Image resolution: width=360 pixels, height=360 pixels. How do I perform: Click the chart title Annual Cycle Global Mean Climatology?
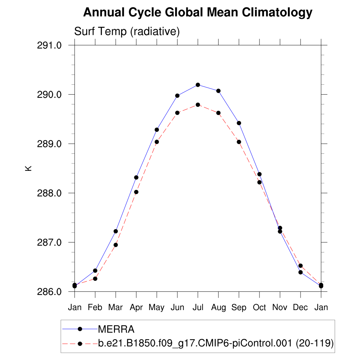click(x=198, y=13)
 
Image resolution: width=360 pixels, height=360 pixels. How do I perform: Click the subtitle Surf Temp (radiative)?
click(x=127, y=32)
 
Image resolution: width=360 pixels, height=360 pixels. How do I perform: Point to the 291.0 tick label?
click(x=49, y=45)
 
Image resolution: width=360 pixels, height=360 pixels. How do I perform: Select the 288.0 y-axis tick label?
click(x=49, y=193)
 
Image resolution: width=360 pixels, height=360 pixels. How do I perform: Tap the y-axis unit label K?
click(x=28, y=168)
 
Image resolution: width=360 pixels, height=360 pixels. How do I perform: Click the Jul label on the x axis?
click(x=198, y=308)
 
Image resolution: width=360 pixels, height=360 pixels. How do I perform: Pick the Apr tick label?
click(x=136, y=308)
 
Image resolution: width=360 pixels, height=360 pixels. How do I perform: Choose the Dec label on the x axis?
click(x=300, y=308)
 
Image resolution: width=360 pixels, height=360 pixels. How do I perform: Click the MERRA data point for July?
click(x=198, y=85)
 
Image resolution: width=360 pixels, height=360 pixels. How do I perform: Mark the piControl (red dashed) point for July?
click(x=198, y=105)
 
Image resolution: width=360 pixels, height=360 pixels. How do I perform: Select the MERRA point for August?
click(x=218, y=91)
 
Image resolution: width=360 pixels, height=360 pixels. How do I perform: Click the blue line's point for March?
click(x=116, y=231)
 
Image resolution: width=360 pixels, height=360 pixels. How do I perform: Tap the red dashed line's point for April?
click(x=136, y=192)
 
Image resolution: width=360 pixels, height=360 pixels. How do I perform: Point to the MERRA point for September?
click(x=239, y=123)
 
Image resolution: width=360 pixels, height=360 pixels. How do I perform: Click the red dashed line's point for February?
click(x=95, y=279)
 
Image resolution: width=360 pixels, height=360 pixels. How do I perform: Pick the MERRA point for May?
click(x=157, y=130)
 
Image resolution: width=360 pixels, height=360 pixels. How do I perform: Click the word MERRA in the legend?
click(x=116, y=329)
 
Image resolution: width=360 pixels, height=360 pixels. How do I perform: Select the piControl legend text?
click(x=216, y=343)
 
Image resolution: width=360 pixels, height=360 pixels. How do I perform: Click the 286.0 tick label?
click(x=49, y=292)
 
